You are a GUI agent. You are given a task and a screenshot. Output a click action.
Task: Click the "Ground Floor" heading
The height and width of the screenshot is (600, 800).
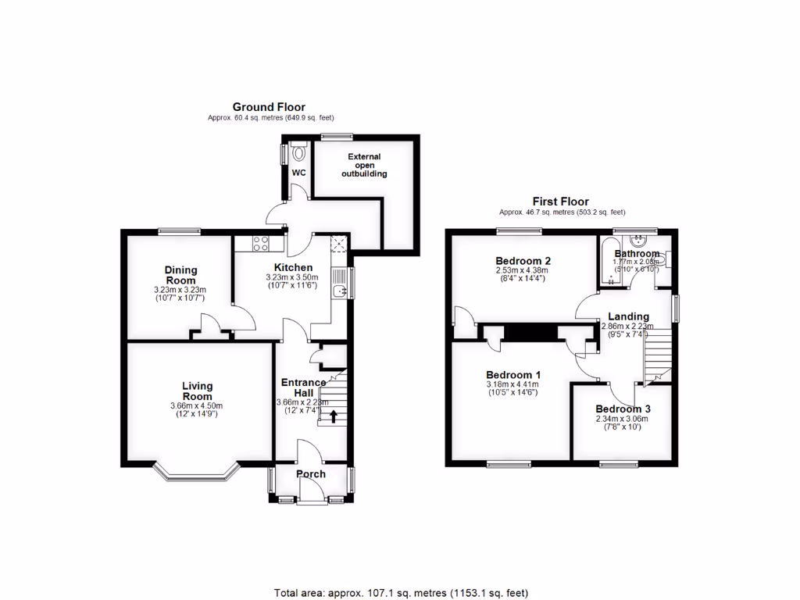[x=269, y=107]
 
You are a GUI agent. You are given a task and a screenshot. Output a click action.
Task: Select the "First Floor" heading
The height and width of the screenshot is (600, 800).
[x=561, y=202]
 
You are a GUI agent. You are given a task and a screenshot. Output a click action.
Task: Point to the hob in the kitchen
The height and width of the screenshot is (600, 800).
[x=260, y=244]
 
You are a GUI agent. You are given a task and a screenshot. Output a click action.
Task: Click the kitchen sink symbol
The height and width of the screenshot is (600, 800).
[x=338, y=292]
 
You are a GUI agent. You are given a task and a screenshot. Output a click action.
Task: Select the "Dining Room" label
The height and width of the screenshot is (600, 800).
[x=180, y=275]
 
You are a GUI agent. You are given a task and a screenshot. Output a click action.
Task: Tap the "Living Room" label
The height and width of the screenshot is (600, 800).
[x=197, y=391]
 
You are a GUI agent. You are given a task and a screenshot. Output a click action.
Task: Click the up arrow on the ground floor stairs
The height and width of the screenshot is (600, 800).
[x=334, y=417]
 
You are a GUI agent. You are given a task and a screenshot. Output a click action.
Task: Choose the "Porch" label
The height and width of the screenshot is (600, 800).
[x=311, y=474]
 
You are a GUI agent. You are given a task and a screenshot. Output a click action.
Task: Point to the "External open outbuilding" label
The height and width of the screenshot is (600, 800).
[x=364, y=165]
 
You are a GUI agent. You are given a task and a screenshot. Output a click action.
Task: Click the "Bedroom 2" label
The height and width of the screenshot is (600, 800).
[x=523, y=261]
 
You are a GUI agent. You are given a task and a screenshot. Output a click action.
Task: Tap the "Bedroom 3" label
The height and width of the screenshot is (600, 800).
[x=623, y=409]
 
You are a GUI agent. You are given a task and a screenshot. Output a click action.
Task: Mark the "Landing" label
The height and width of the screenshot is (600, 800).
[x=629, y=316]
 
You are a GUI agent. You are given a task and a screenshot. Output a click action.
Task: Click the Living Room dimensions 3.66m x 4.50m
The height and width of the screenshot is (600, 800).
[x=197, y=405]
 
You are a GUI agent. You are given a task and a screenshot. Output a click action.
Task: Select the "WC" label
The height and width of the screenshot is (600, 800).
[x=298, y=173]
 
